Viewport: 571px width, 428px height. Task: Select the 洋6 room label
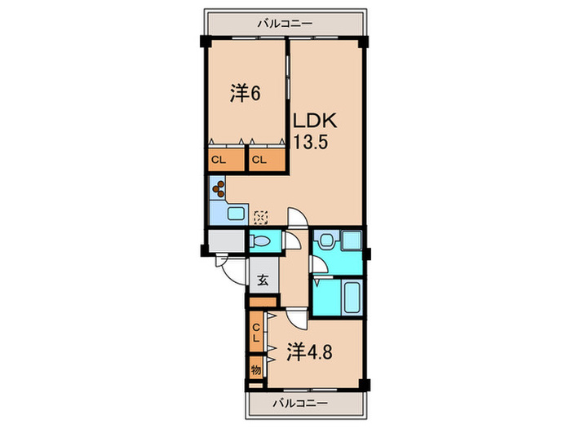coord(244,94)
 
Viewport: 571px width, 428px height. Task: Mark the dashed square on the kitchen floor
coord(260,217)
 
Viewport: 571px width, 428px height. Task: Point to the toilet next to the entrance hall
coord(263,242)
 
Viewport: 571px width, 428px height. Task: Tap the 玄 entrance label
coord(263,281)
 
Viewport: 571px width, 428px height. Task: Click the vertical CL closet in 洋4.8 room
coord(257,333)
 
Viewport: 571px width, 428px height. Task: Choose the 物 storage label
coord(257,369)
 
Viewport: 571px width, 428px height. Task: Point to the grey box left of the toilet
coord(225,241)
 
